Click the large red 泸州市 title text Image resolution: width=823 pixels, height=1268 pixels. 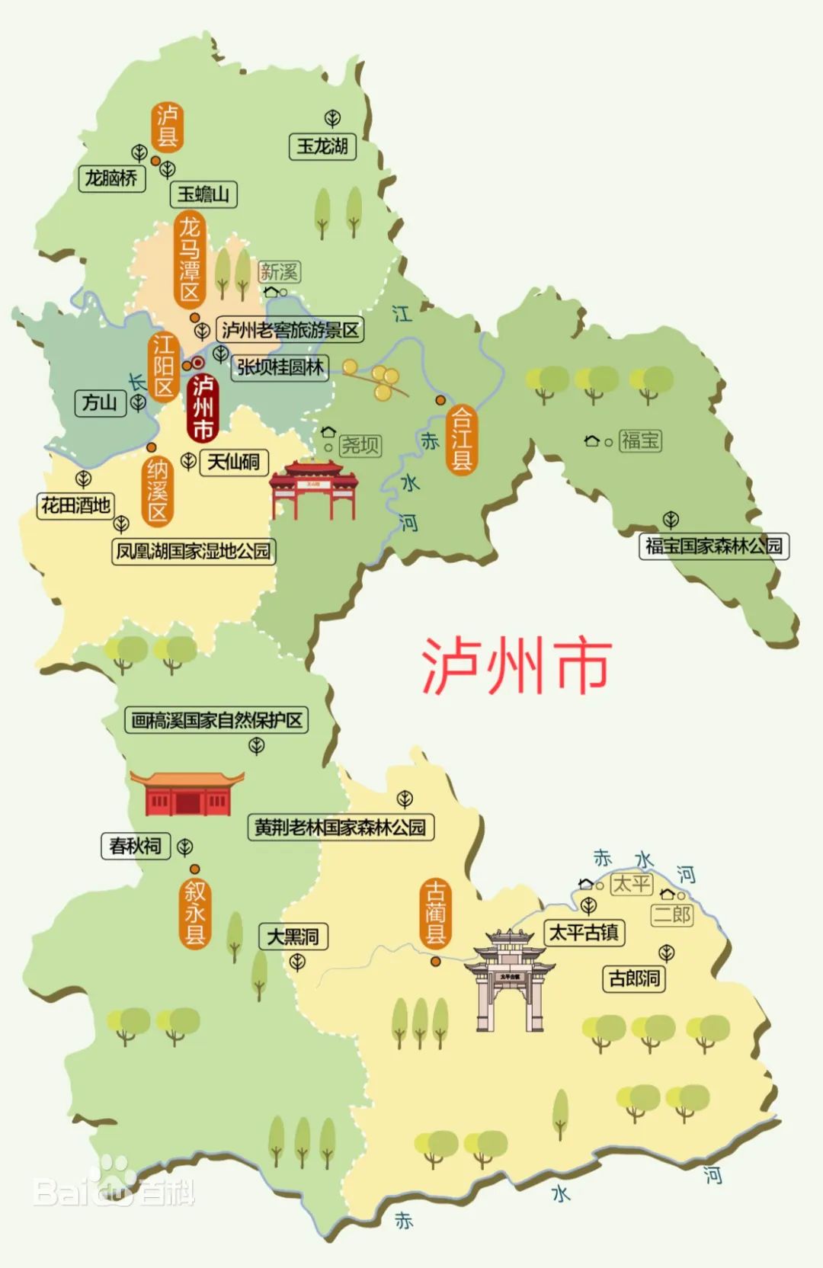(x=517, y=665)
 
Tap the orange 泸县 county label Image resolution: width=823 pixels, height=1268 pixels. (x=167, y=126)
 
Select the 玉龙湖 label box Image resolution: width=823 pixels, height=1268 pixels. (x=322, y=146)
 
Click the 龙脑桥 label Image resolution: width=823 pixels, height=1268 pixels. (x=111, y=178)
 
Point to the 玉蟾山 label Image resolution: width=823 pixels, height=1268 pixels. (x=203, y=194)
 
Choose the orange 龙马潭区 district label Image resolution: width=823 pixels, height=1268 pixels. (x=190, y=259)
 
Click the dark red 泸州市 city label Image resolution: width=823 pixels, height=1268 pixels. (x=202, y=408)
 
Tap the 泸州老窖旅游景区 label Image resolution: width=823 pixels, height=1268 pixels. (x=290, y=330)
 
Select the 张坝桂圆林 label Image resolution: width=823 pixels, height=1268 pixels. (x=280, y=367)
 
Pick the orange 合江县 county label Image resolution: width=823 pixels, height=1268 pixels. (x=461, y=438)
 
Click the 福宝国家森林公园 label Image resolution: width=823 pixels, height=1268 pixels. (x=714, y=546)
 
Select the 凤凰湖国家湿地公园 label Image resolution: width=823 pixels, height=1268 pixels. (x=193, y=551)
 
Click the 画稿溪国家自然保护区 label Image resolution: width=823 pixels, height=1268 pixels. (x=216, y=720)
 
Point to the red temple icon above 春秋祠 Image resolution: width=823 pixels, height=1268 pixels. (x=187, y=793)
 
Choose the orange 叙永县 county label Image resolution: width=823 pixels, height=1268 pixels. (x=195, y=912)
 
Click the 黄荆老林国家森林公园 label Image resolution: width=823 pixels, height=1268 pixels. (x=341, y=828)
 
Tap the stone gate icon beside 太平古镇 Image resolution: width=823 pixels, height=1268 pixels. (x=510, y=979)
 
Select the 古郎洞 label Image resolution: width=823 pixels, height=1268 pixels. (x=634, y=978)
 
